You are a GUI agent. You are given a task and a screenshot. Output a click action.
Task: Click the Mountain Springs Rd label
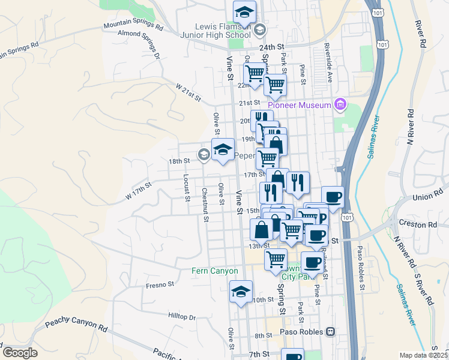click(133, 26)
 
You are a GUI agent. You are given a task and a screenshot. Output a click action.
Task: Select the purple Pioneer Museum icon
click(340, 105)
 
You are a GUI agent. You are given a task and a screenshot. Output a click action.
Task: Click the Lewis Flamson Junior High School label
click(222, 31)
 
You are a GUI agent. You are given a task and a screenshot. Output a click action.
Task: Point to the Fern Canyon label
click(215, 271)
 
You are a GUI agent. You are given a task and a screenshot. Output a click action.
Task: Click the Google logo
click(19, 353)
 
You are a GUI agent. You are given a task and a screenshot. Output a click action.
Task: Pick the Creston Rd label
click(420, 225)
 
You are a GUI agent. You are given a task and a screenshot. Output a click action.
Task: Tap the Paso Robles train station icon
click(330, 332)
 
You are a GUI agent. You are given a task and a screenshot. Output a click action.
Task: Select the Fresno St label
click(160, 285)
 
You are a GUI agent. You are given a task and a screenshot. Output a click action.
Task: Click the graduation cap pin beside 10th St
click(241, 292)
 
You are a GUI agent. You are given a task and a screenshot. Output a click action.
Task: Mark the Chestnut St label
click(205, 205)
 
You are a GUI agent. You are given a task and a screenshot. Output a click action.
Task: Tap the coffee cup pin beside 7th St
click(292, 355)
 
